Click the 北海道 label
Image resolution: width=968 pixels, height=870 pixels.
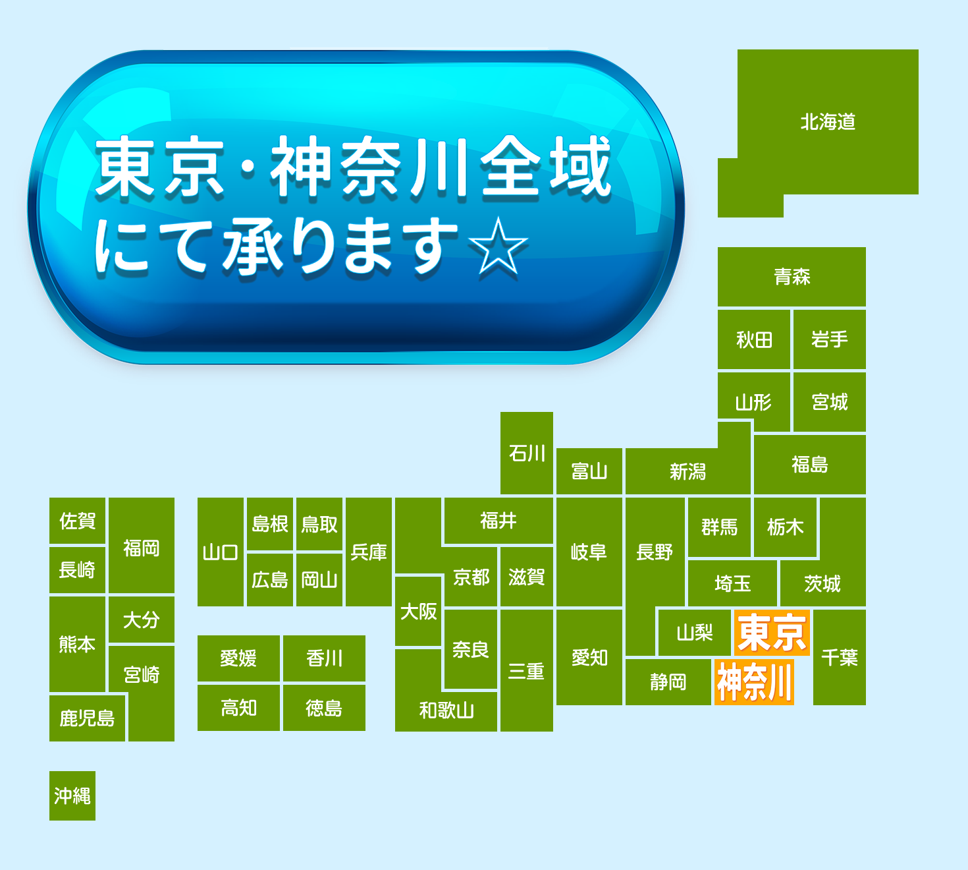(x=828, y=122)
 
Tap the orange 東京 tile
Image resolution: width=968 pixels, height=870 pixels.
(x=772, y=632)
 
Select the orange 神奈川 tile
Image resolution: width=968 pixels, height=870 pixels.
(x=754, y=682)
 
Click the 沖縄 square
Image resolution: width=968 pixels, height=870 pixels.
(x=72, y=796)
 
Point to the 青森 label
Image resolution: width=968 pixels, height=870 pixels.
(x=792, y=276)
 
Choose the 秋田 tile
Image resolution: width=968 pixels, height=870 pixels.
(x=753, y=339)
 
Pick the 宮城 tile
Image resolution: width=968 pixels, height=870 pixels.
(x=830, y=402)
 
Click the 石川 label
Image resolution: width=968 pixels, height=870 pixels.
(x=527, y=453)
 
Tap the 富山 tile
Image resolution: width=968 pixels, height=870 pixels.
(x=589, y=471)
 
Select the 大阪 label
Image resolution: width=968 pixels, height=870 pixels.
(x=418, y=611)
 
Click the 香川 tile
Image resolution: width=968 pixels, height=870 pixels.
(x=324, y=658)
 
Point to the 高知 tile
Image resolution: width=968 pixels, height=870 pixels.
(x=238, y=708)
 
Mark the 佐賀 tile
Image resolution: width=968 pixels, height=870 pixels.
(x=77, y=521)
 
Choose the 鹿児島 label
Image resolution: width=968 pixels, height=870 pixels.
(x=87, y=718)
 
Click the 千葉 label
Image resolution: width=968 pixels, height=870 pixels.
(x=840, y=657)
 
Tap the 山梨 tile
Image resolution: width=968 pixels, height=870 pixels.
(x=695, y=632)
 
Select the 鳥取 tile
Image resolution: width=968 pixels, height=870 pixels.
(x=319, y=524)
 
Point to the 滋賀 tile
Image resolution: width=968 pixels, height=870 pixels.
(x=527, y=577)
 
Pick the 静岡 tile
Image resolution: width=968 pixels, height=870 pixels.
(x=668, y=682)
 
